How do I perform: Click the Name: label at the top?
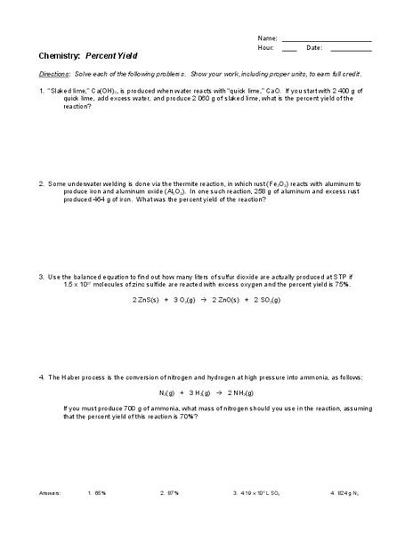tap(266, 38)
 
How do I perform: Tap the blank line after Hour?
tap(289, 48)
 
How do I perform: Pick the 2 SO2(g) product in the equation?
tap(261, 301)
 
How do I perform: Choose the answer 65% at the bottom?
tap(100, 491)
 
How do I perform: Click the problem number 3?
tap(41, 276)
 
